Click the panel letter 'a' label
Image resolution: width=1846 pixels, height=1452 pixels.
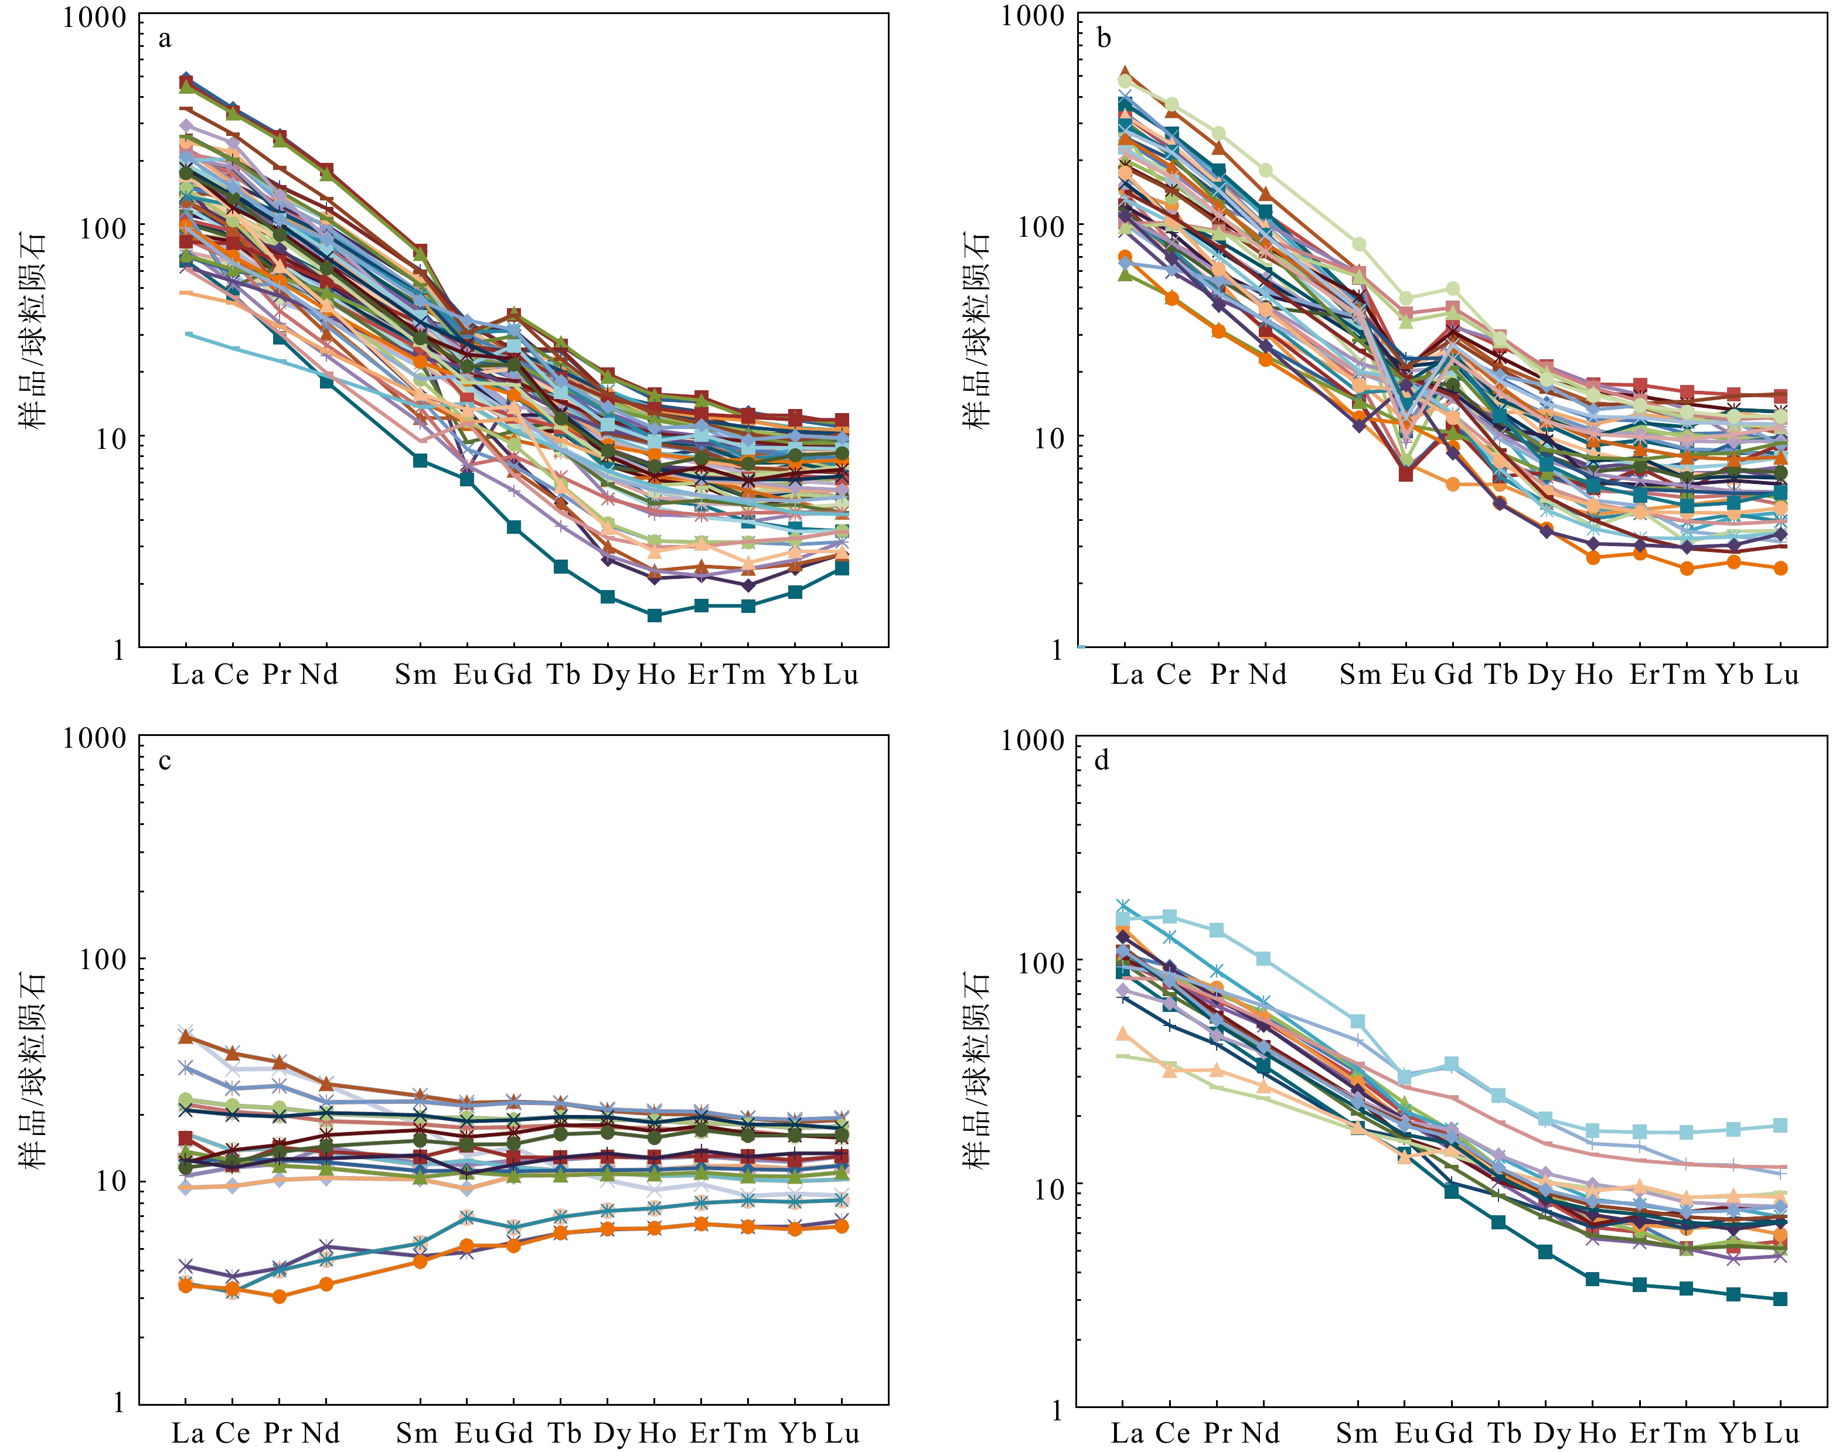pos(165,39)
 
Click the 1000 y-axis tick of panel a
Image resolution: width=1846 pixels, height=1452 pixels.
pos(94,17)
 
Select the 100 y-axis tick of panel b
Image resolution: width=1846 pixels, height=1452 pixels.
pos(1032,227)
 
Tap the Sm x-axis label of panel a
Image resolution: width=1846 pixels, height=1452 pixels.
pos(416,675)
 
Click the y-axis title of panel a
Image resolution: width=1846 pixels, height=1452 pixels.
pos(33,332)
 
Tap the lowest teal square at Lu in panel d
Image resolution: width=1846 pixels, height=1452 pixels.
pos(1780,1299)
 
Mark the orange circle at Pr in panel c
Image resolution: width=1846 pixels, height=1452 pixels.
pos(279,1296)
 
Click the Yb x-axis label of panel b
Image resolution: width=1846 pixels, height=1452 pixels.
pos(1735,675)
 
